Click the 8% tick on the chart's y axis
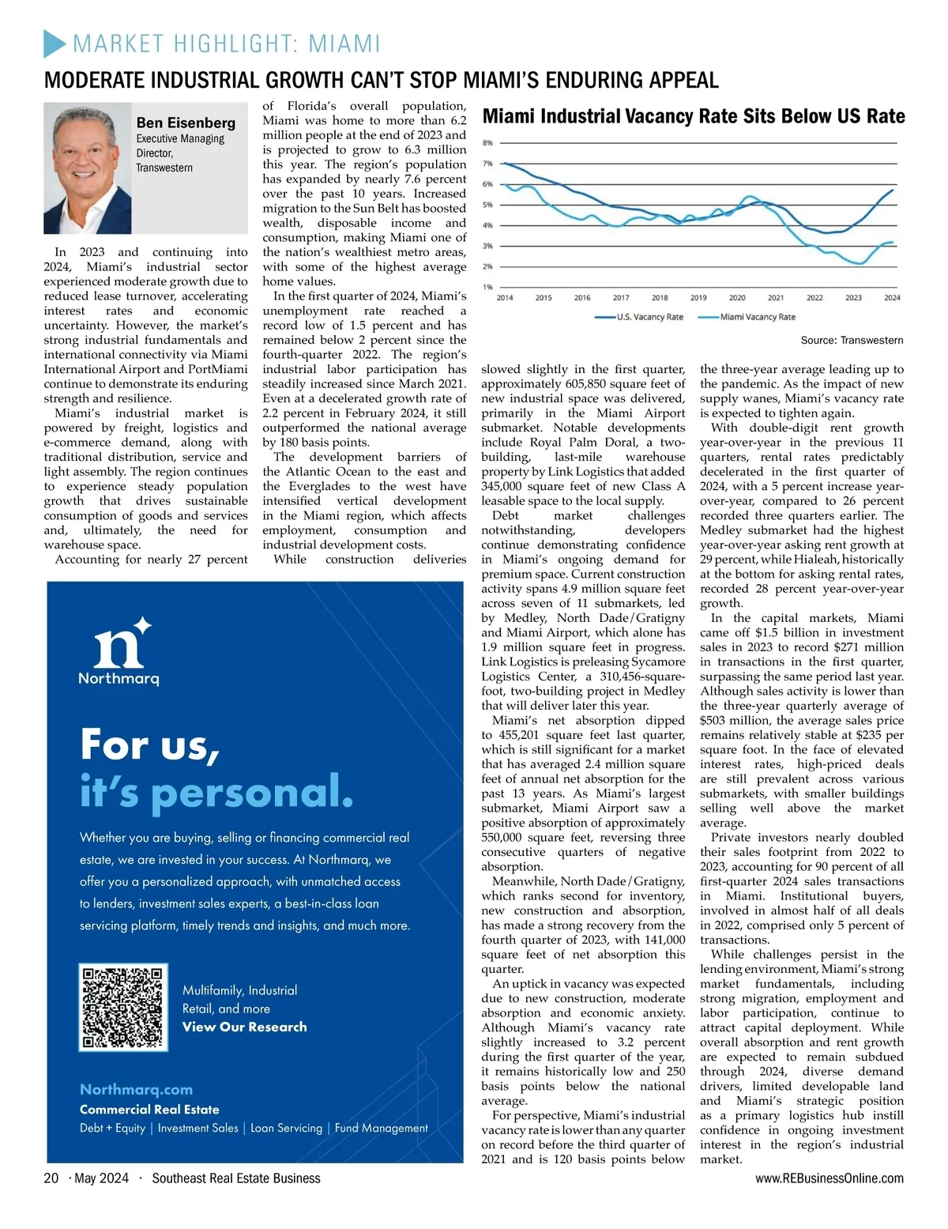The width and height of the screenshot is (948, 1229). [x=487, y=143]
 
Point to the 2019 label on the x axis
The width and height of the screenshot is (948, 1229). [x=698, y=298]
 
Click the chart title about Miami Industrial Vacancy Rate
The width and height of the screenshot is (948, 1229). [x=694, y=117]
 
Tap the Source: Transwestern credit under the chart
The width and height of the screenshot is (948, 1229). [x=852, y=341]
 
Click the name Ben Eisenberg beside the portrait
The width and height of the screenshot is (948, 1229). [x=186, y=123]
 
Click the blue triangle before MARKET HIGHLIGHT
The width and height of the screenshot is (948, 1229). [x=55, y=43]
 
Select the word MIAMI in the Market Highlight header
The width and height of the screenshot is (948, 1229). [x=344, y=43]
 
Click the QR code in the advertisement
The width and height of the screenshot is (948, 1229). [x=124, y=1007]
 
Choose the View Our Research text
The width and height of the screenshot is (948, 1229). [x=244, y=1027]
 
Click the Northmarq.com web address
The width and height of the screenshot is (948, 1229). [x=136, y=1089]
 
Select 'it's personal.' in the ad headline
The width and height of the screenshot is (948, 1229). [x=216, y=791]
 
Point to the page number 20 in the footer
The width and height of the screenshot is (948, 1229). [x=51, y=1178]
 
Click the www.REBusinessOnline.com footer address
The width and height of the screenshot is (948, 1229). [x=829, y=1178]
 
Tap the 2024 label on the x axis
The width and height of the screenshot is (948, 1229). [x=892, y=298]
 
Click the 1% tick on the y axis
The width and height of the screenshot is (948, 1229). [x=487, y=287]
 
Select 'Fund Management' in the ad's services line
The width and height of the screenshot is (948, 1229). [x=381, y=1128]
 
